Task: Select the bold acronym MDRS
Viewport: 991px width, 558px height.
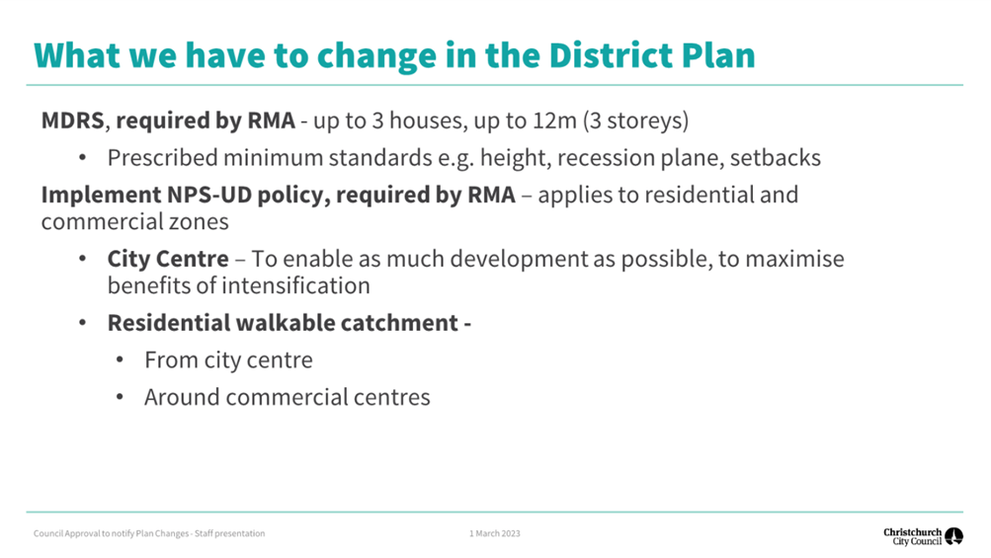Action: point(73,120)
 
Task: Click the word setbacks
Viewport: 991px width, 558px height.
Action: point(776,157)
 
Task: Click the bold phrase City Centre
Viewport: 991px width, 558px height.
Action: point(168,259)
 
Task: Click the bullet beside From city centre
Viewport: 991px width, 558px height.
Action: point(121,360)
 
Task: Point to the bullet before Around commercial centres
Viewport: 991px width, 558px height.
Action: point(121,397)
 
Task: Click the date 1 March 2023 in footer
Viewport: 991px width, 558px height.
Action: point(494,533)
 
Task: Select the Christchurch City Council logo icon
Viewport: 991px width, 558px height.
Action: point(953,536)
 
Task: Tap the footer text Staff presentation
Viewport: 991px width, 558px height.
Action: point(230,533)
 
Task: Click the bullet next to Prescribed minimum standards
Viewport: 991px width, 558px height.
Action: point(83,157)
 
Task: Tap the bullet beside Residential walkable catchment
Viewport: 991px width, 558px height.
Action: point(83,323)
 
